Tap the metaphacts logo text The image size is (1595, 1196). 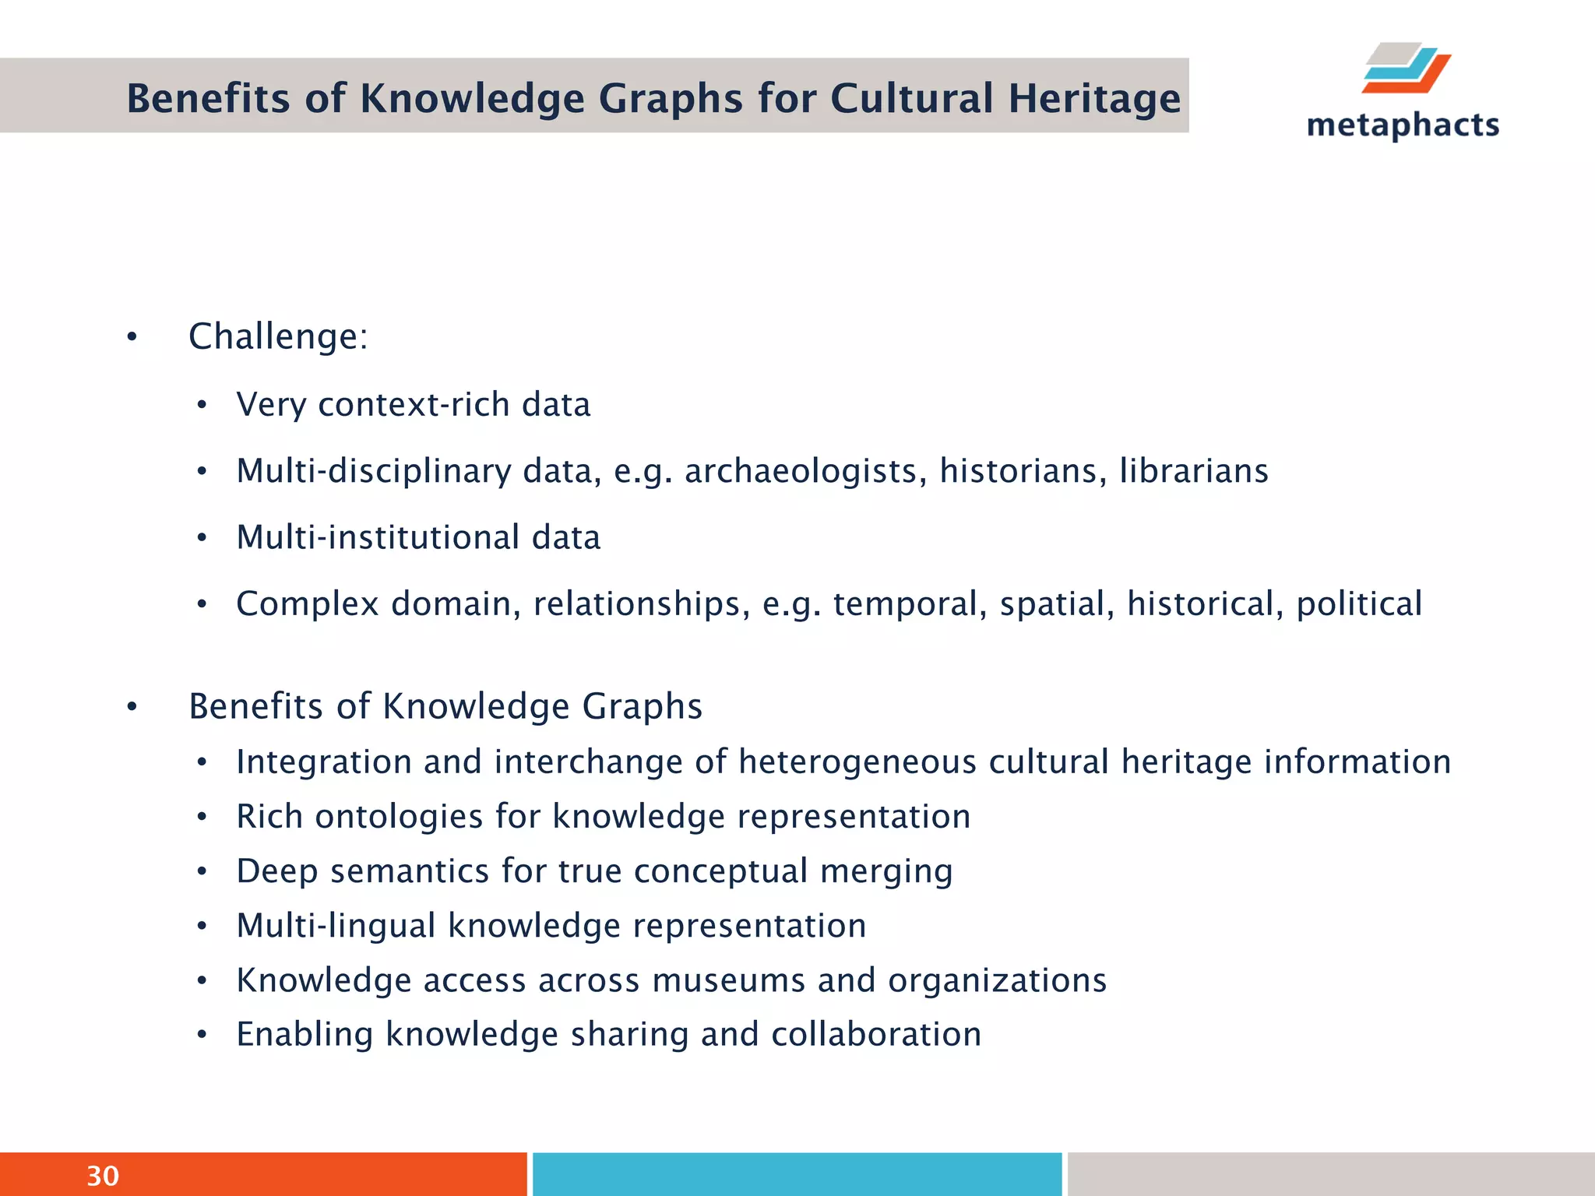[1403, 125]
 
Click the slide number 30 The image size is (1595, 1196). [103, 1176]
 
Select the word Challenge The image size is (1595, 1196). [273, 337]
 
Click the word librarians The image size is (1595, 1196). [1194, 471]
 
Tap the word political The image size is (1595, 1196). [1359, 603]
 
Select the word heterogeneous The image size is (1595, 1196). [857, 762]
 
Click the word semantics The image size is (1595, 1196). [410, 871]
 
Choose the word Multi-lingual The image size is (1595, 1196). [336, 926]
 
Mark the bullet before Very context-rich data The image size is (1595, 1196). [202, 405]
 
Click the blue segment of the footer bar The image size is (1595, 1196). [797, 1174]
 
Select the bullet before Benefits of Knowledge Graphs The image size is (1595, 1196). [132, 707]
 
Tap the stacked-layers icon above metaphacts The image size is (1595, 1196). [1406, 69]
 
